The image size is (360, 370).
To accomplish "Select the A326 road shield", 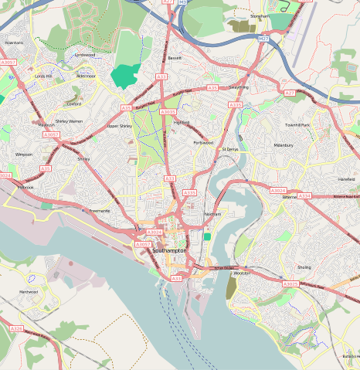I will [x=16, y=328].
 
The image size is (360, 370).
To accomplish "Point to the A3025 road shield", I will [x=290, y=283].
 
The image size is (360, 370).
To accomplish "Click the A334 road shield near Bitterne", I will [x=304, y=196].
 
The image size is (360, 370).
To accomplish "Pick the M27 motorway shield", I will [x=263, y=38].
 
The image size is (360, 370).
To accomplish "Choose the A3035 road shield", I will [x=168, y=111].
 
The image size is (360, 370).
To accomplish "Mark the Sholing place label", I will [x=304, y=267].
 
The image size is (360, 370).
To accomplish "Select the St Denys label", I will [x=230, y=149].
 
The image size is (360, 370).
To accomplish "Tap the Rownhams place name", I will [x=14, y=42].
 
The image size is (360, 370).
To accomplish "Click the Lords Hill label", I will [x=43, y=76].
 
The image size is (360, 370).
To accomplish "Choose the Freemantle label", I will [x=100, y=210].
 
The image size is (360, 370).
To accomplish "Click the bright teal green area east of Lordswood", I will [x=125, y=75].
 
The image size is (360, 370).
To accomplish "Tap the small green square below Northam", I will [x=207, y=236].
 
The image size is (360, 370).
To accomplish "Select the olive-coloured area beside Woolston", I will [x=232, y=289].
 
